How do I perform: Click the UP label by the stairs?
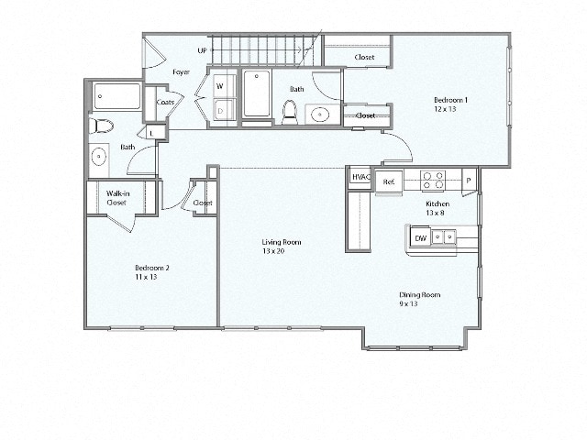coord(202,50)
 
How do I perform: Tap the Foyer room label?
coord(182,71)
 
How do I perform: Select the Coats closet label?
coord(165,103)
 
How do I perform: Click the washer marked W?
coord(220,86)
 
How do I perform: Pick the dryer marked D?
coord(220,111)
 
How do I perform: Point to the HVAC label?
coord(360,179)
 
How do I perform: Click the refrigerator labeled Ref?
coord(389,181)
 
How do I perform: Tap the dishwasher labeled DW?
coord(420,238)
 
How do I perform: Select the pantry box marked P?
coord(468,181)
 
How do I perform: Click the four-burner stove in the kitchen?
coord(432,178)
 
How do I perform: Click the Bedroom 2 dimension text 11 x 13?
coord(147,277)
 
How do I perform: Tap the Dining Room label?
coord(419,294)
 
